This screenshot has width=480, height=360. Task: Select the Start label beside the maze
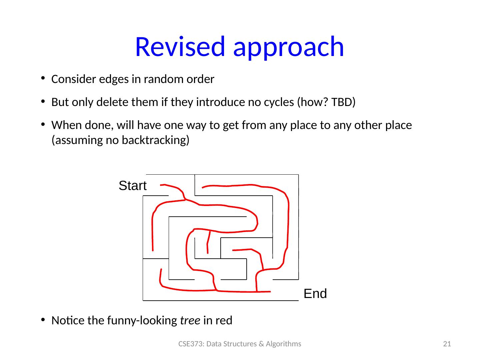coord(132,186)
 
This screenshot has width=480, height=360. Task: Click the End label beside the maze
coord(315,294)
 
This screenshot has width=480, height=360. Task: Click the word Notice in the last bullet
coord(66,321)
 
